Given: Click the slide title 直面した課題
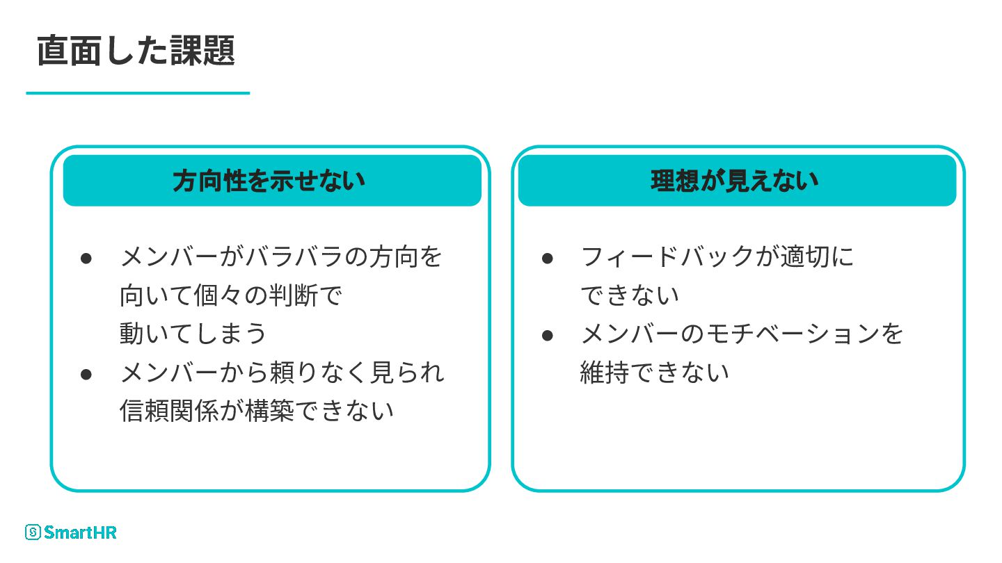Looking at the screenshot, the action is click(x=136, y=50).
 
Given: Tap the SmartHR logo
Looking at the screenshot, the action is click(x=71, y=532).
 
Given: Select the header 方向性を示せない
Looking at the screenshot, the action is click(x=269, y=181).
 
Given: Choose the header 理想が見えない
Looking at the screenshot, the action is click(x=735, y=181).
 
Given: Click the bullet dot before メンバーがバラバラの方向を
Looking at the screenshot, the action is click(x=86, y=258).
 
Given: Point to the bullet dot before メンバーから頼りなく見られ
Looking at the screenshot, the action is click(x=86, y=373).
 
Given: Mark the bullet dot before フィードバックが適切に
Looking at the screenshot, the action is click(x=547, y=258).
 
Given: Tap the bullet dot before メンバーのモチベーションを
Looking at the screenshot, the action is click(x=547, y=335).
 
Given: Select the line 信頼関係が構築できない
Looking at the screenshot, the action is click(x=257, y=411).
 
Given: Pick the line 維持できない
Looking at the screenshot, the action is click(x=655, y=373).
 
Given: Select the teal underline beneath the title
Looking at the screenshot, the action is click(x=138, y=92).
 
